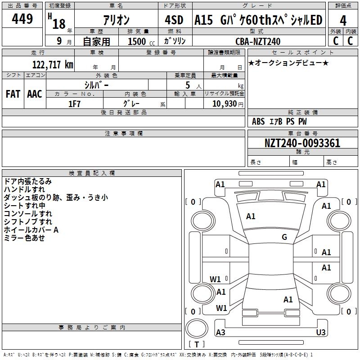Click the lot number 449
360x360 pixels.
(x=22, y=19)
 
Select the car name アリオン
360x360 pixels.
(x=116, y=20)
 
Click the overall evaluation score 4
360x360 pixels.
(x=343, y=20)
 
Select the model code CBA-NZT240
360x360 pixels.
(x=258, y=41)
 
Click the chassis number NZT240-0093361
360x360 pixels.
(x=302, y=144)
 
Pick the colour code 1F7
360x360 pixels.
(x=75, y=104)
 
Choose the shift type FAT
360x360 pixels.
(x=13, y=94)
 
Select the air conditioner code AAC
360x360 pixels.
(x=35, y=94)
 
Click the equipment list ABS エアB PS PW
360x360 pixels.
(x=280, y=121)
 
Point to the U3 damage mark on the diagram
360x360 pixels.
(x=321, y=333)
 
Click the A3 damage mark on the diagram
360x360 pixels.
(x=220, y=333)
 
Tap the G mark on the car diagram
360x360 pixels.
(x=284, y=237)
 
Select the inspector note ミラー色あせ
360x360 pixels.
(x=24, y=238)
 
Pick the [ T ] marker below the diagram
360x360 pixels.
(x=196, y=345)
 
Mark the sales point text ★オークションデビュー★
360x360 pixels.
(x=288, y=63)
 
